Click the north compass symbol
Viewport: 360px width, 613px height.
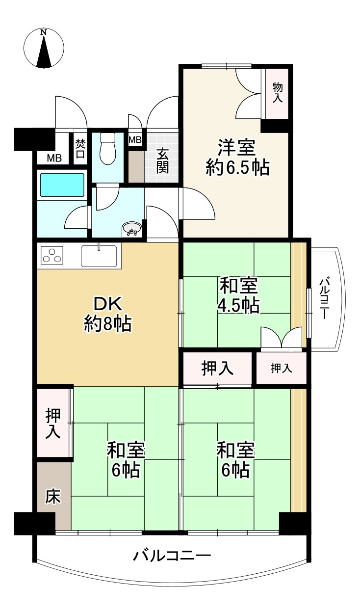click(x=44, y=49)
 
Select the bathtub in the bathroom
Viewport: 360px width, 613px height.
click(x=62, y=185)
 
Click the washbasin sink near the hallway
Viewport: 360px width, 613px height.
click(x=132, y=229)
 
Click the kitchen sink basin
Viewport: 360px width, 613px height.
click(x=99, y=256)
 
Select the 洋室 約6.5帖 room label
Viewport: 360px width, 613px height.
click(x=237, y=158)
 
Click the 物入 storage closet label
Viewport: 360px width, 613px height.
click(x=278, y=93)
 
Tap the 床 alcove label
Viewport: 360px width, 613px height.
click(x=52, y=496)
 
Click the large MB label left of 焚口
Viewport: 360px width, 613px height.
click(x=54, y=158)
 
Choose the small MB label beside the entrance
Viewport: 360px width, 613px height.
click(x=135, y=140)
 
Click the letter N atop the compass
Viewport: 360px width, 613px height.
click(x=44, y=32)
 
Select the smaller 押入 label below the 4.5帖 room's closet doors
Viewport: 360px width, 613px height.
click(x=281, y=369)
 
